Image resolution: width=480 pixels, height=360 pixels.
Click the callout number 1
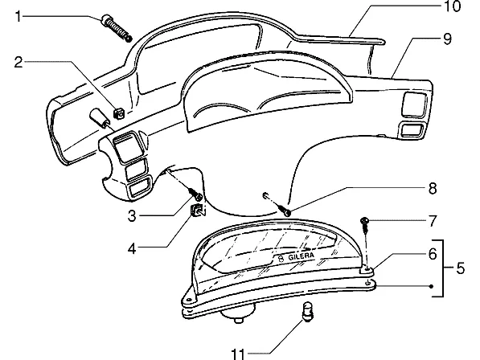(x=18, y=16)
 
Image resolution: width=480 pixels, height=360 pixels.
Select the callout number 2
(x=18, y=62)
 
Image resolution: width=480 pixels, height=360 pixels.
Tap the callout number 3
(x=132, y=216)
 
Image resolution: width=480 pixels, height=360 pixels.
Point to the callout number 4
(x=132, y=248)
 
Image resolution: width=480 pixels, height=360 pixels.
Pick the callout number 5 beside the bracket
(x=460, y=268)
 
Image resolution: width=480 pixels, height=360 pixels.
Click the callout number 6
(x=433, y=254)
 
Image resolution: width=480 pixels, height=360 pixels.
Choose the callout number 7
(x=432, y=221)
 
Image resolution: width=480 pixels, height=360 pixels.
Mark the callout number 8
(x=433, y=188)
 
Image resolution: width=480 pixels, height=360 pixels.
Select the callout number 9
(x=447, y=39)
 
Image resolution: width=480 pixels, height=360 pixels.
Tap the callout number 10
(x=452, y=6)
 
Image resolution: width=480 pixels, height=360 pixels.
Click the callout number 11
(x=238, y=354)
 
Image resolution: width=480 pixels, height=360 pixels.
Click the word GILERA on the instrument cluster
(x=301, y=256)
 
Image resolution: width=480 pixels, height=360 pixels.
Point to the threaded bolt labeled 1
(x=117, y=28)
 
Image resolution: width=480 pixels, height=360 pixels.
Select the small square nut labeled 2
(x=119, y=113)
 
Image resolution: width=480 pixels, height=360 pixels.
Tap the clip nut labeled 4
(x=198, y=210)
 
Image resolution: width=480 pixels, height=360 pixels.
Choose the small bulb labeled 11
(x=308, y=311)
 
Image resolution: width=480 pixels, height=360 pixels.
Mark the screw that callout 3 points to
(x=196, y=194)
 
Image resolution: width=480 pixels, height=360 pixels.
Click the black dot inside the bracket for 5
(x=431, y=287)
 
